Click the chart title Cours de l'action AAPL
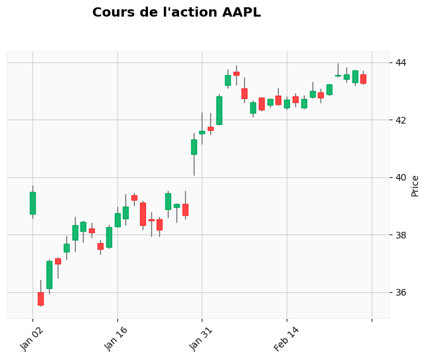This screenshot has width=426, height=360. (177, 13)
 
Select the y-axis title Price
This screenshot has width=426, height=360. (415, 185)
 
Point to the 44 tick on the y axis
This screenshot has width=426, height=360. (401, 62)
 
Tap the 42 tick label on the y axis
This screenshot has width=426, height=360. (401, 120)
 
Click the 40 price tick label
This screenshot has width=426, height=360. (401, 177)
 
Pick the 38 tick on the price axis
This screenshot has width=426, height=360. (401, 235)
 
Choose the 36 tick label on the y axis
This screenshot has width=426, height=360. (401, 292)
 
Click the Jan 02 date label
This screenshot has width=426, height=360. (33, 339)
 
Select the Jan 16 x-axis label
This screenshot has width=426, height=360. (117, 339)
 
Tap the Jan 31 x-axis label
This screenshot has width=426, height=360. (202, 339)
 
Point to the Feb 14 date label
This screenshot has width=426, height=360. (287, 339)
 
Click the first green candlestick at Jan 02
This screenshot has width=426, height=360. (33, 203)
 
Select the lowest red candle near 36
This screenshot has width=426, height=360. (40, 298)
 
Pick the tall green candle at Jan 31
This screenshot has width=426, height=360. (194, 147)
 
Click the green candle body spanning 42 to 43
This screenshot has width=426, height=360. (219, 110)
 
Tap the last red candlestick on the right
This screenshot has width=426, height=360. (363, 78)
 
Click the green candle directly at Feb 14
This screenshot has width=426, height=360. (287, 104)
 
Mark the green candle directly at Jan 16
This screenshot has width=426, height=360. (117, 220)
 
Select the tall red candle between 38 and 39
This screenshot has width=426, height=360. (143, 214)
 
